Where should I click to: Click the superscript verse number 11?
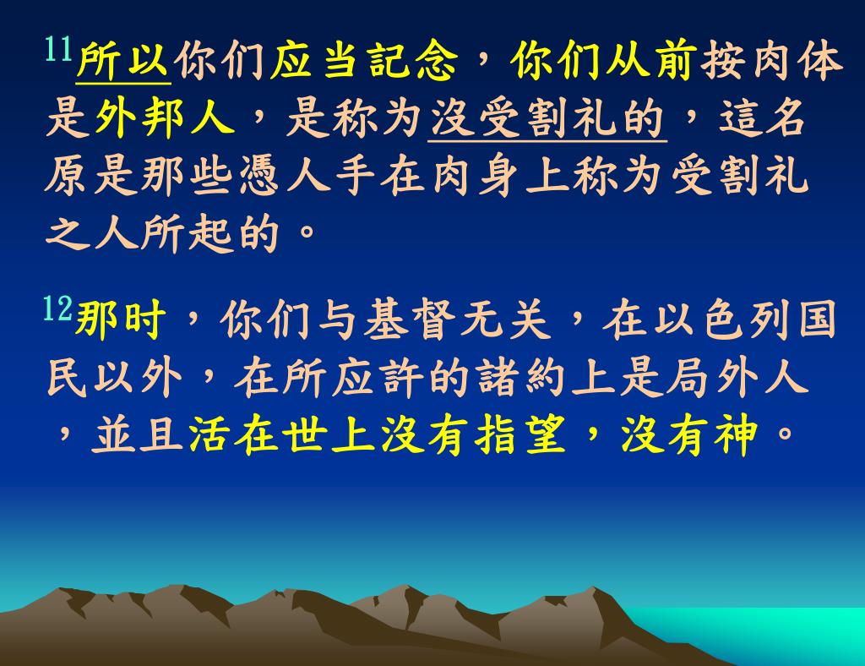59,49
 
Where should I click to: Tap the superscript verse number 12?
58,308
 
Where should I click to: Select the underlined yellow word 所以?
123,61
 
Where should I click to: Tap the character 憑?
259,177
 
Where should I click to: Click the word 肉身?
475,177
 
